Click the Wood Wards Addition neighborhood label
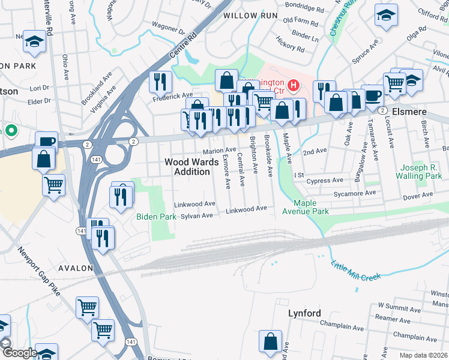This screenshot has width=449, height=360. pyautogui.click(x=188, y=167)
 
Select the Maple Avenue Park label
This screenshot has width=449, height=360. pyautogui.click(x=312, y=208)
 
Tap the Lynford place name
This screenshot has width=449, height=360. pyautogui.click(x=304, y=313)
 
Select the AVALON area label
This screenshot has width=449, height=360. pyautogui.click(x=76, y=268)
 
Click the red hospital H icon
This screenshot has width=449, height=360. pyautogui.click(x=294, y=86)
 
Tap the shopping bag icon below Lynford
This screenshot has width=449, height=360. pyautogui.click(x=270, y=342)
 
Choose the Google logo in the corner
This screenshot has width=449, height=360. pyautogui.click(x=19, y=353)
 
